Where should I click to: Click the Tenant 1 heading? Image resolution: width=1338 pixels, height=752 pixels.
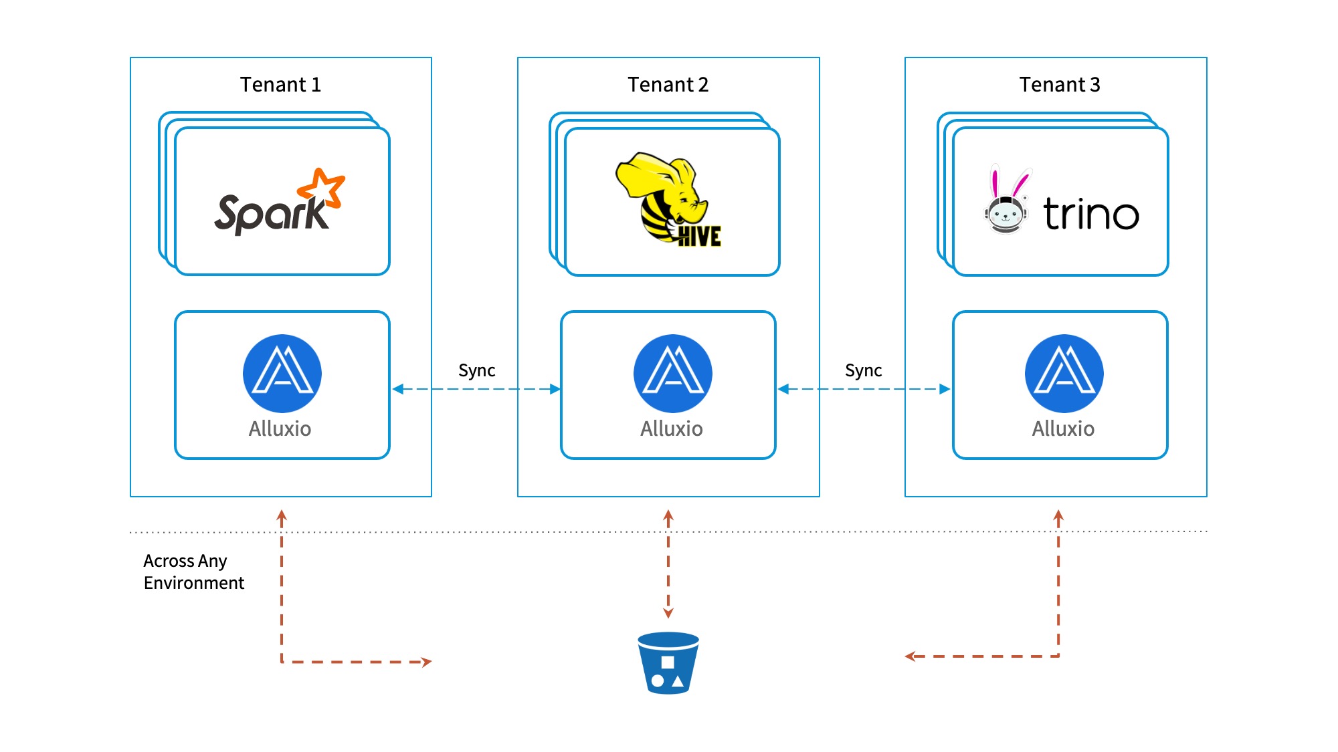280,85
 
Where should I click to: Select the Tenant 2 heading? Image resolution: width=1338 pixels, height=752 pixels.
668,85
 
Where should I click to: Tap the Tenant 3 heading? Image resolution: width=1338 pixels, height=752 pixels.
1060,85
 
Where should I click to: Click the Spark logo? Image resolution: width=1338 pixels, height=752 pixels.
280,201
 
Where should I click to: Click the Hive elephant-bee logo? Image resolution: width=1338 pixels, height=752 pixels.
668,199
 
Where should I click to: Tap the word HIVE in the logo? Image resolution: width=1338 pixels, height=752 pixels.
699,236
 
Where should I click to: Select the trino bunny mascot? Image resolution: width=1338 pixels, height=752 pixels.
1006,200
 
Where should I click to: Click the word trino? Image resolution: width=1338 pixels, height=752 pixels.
1091,214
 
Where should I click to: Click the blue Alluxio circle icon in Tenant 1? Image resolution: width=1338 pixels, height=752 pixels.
282,373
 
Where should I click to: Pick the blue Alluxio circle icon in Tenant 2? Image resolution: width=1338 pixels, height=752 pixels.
673,373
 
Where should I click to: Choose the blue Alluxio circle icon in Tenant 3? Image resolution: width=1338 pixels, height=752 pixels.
1064,373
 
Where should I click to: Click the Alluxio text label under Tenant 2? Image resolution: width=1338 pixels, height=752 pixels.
672,428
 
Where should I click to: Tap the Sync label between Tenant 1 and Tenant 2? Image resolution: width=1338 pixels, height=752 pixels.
477,370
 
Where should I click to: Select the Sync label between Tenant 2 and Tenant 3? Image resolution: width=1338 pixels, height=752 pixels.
864,370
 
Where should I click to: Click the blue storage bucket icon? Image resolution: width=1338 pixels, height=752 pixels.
668,663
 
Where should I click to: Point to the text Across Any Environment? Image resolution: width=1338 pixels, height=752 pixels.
194,572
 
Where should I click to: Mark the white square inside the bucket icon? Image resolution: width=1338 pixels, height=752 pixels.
668,662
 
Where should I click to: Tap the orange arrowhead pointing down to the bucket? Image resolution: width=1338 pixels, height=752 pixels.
668,612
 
